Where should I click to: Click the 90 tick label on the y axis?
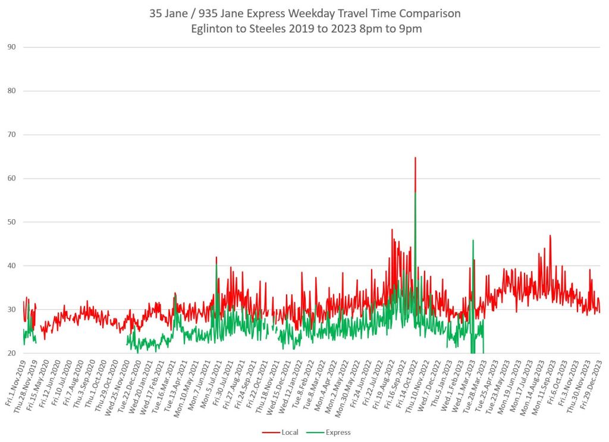click(11, 47)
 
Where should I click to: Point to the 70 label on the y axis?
click(11, 135)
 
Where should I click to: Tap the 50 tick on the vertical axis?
click(11, 222)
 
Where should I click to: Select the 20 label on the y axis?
click(11, 353)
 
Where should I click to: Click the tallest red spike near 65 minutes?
click(415, 158)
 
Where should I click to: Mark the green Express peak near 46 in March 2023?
click(473, 241)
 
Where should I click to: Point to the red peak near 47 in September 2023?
click(550, 236)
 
